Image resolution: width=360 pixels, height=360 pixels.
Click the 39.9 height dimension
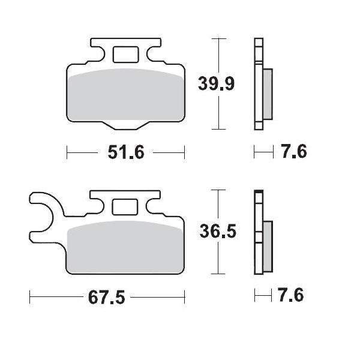[217, 84]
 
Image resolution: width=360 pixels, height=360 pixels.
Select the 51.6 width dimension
[126, 153]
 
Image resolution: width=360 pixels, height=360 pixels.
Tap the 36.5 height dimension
[217, 232]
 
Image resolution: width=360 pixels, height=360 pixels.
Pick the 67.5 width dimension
[108, 298]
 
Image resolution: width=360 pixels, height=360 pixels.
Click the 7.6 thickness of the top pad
[293, 152]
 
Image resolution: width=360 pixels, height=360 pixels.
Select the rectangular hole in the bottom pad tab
[125, 207]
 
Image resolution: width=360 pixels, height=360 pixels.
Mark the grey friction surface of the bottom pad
[126, 249]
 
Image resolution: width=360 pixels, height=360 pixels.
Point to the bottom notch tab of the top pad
[125, 125]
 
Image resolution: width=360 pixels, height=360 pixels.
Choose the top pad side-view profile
[259, 83]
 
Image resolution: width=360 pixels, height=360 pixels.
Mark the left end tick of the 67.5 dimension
[30, 297]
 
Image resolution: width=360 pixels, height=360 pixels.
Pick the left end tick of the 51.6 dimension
[67, 153]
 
